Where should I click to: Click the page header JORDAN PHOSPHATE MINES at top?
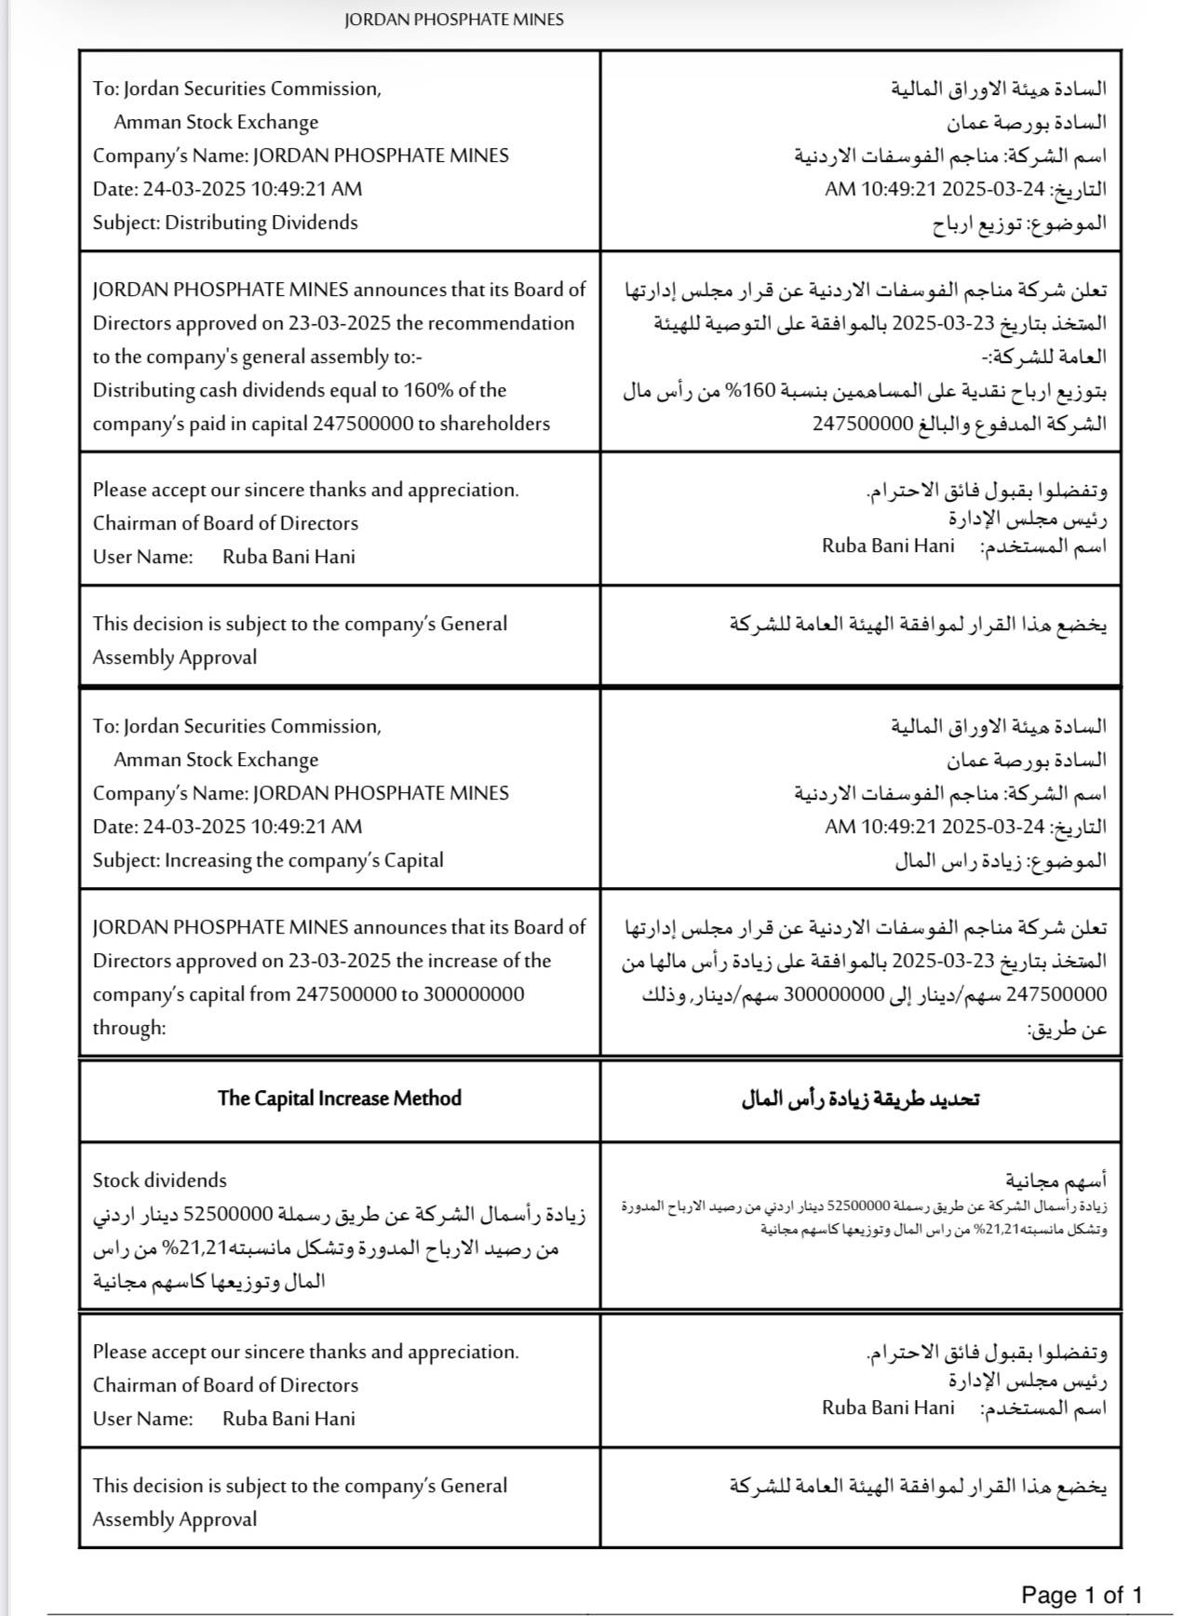[453, 20]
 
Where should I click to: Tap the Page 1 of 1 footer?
[1082, 1595]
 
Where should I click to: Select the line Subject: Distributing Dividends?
[225, 222]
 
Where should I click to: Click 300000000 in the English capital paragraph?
[474, 994]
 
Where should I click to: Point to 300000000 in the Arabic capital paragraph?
[833, 994]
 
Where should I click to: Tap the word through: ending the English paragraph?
[128, 1028]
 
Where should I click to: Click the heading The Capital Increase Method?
[339, 1098]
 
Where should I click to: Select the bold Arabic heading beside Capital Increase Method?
[860, 1098]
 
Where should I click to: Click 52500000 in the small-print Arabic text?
[859, 1206]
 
